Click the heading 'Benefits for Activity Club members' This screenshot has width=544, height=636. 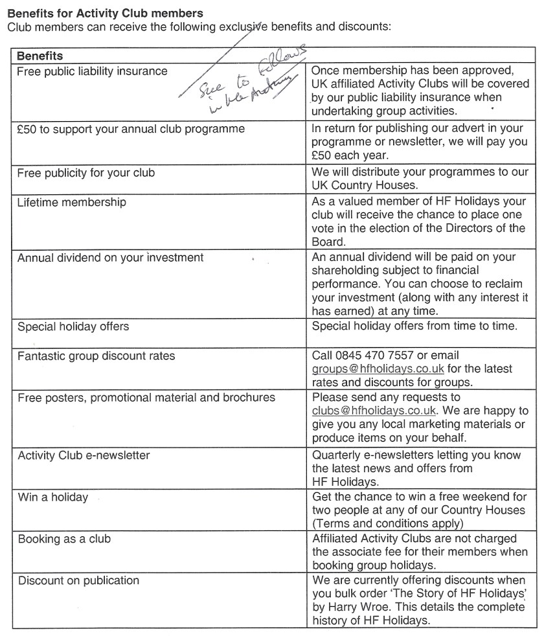tap(105, 13)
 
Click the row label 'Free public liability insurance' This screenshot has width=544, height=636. tap(92, 71)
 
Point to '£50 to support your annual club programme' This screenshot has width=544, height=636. tap(131, 128)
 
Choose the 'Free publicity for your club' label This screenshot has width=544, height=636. tap(85, 173)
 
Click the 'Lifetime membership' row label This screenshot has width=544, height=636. tap(71, 202)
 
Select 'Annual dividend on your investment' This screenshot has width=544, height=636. tap(110, 257)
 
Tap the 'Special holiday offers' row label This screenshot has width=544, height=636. tap(73, 326)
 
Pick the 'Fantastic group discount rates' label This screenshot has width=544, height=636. tap(96, 356)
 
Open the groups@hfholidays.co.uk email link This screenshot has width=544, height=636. tap(378, 369)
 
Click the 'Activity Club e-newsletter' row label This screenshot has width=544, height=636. tap(84, 455)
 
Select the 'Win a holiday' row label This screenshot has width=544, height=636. tap(52, 497)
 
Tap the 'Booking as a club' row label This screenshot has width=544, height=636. tap(64, 539)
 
